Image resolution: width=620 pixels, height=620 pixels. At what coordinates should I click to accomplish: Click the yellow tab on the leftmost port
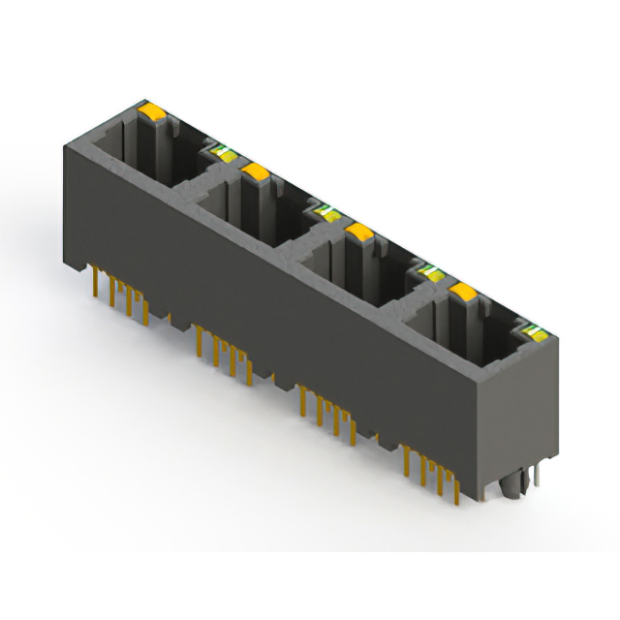point(152,112)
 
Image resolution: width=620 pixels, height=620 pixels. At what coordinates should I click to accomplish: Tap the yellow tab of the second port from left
point(256,172)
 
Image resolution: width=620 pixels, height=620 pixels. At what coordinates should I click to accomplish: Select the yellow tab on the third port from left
point(359,232)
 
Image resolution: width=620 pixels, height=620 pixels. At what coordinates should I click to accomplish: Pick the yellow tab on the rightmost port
point(463,292)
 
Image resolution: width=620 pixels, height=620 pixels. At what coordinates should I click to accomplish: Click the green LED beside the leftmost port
point(222,150)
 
